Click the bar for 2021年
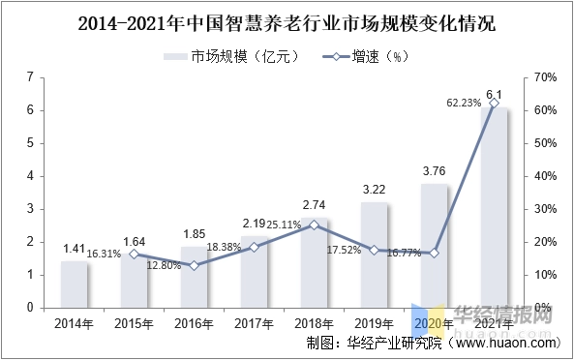(495, 207)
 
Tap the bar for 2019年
(375, 255)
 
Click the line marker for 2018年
(315, 225)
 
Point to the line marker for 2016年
(195, 265)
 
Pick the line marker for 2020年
(435, 253)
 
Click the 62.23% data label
(464, 103)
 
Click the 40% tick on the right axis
(543, 176)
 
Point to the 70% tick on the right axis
(543, 76)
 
